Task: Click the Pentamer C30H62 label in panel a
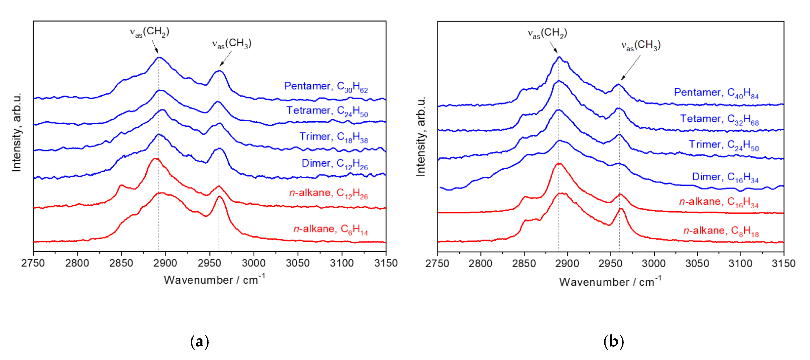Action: click(x=326, y=87)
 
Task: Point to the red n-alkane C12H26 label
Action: click(x=328, y=193)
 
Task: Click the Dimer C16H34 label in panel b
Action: click(x=725, y=177)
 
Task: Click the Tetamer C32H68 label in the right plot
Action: click(x=719, y=120)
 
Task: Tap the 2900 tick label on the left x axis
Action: click(x=165, y=263)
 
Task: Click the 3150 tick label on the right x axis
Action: click(x=783, y=263)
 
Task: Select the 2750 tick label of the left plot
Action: click(x=33, y=263)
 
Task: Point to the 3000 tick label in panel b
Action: click(x=654, y=263)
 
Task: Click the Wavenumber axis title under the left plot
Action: click(x=214, y=280)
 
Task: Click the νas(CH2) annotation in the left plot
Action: click(x=150, y=32)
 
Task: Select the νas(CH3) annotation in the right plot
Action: click(x=641, y=46)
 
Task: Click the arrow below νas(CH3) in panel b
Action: click(x=631, y=67)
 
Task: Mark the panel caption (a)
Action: click(x=200, y=341)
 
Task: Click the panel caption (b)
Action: click(x=613, y=341)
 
